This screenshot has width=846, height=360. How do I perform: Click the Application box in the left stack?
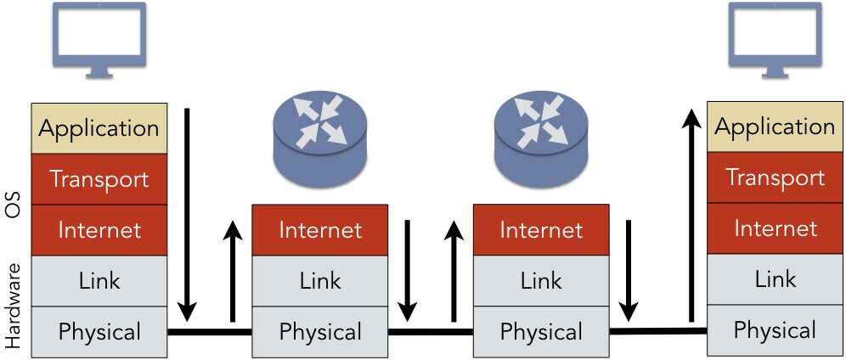tap(99, 128)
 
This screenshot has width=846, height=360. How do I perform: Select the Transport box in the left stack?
tap(99, 179)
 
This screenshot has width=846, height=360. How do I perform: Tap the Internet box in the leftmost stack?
tap(99, 229)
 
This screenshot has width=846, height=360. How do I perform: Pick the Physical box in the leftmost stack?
tap(99, 331)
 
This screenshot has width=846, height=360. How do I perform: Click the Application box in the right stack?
tap(775, 127)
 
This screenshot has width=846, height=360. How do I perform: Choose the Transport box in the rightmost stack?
tap(775, 177)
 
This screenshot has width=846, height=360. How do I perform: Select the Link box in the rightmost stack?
tap(775, 279)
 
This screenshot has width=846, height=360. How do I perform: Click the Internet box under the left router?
tap(320, 229)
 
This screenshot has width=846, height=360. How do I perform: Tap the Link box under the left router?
tap(320, 280)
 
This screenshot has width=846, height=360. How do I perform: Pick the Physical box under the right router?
tap(541, 331)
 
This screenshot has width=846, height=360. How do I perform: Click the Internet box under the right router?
tap(541, 229)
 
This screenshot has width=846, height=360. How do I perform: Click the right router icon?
tap(541, 138)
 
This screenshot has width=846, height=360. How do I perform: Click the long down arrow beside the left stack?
tap(189, 211)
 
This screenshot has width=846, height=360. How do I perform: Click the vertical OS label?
tap(13, 204)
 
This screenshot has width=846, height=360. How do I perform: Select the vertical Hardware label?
tap(13, 305)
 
